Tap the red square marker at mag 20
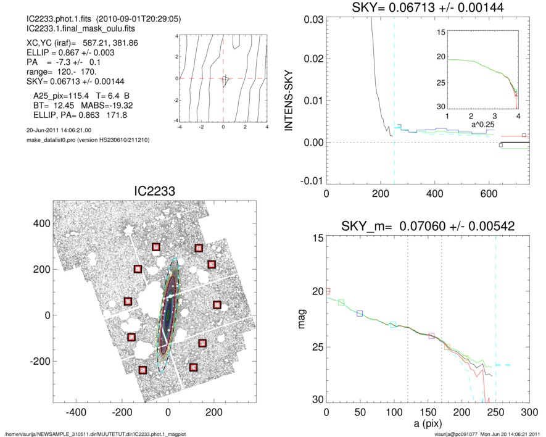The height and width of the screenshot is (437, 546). click(328, 291)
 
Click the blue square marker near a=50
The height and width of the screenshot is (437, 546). click(360, 314)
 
